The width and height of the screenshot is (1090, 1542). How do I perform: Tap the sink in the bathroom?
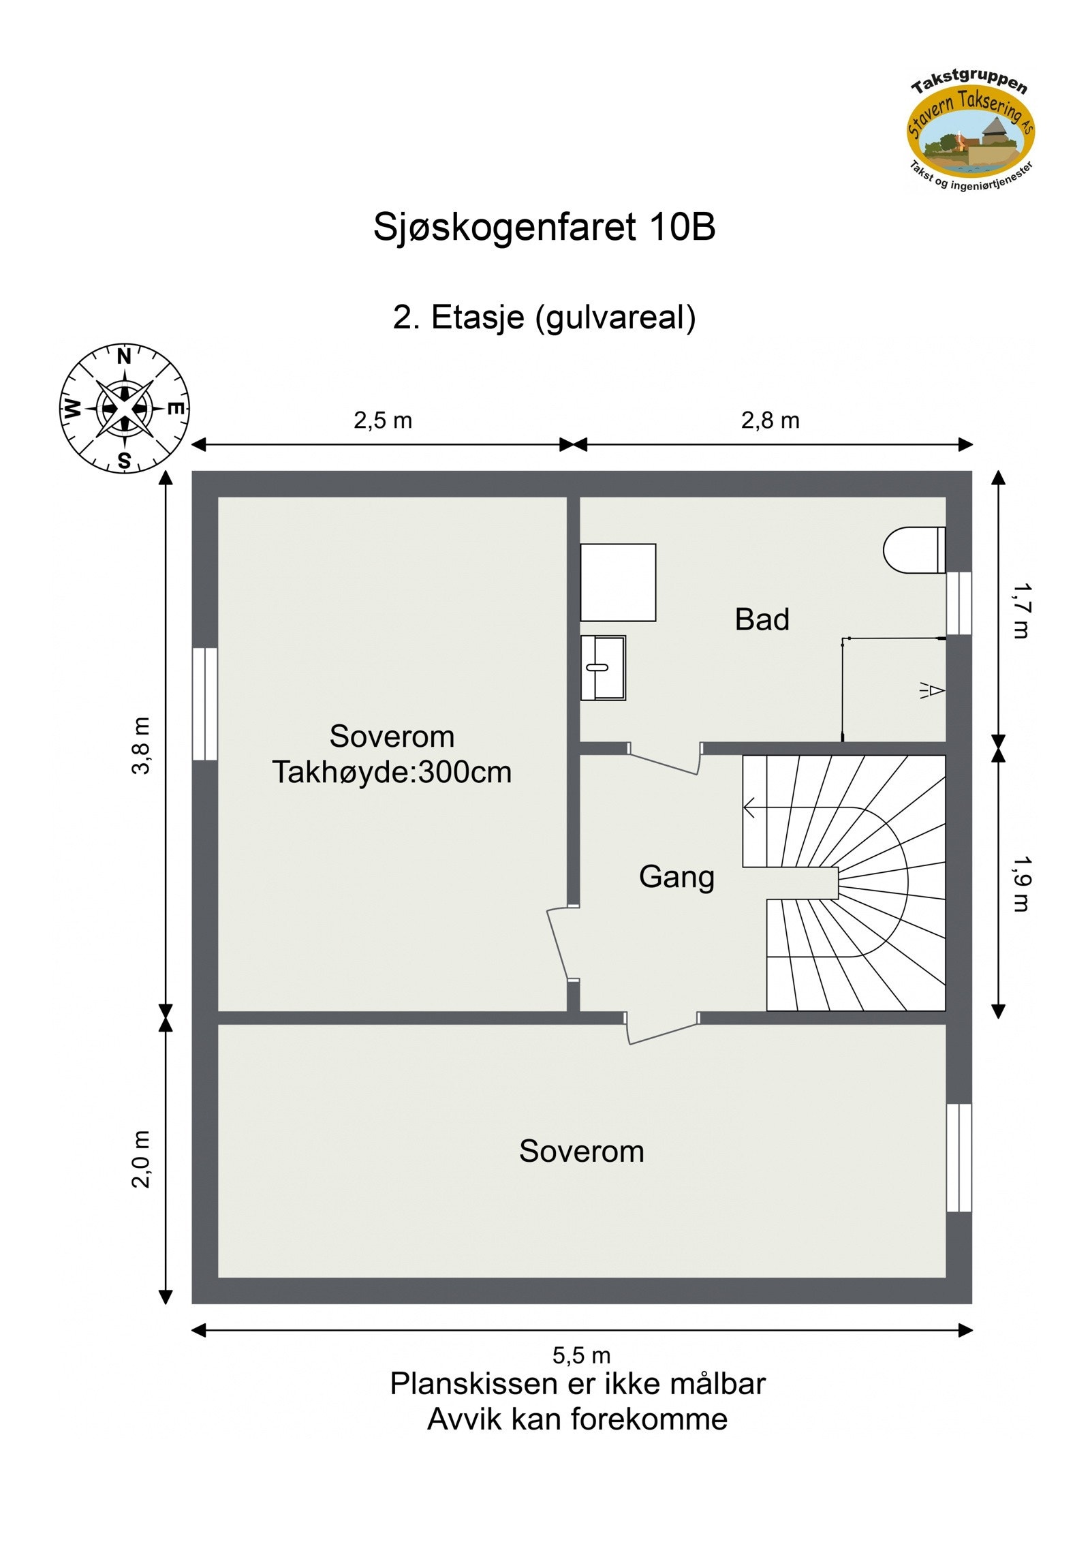(603, 668)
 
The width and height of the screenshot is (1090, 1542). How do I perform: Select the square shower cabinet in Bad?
(617, 582)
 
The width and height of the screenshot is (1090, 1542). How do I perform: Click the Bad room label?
(762, 619)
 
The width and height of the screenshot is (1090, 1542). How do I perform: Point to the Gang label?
(676, 877)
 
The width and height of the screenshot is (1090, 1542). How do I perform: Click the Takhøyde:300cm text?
(392, 773)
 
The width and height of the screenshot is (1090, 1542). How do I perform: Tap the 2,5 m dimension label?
(383, 420)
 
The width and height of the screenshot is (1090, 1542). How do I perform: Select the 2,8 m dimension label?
(770, 420)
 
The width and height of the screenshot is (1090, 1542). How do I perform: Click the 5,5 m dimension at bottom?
(581, 1355)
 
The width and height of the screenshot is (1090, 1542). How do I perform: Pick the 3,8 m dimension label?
(141, 745)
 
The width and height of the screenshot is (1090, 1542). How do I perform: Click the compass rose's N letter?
(124, 356)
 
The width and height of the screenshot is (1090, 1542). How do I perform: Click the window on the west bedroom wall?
(204, 703)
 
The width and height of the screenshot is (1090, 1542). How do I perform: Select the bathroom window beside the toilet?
(959, 603)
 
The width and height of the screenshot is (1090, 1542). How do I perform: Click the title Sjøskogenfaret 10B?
(544, 227)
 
